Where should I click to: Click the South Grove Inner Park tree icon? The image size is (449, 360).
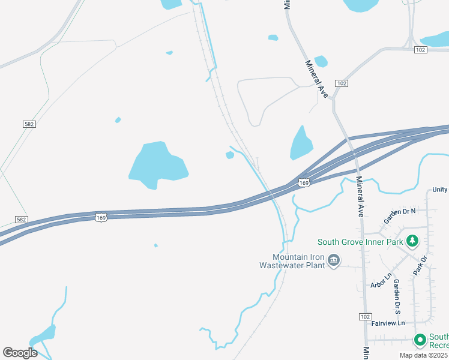412,242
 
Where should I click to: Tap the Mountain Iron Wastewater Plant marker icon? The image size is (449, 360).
334,260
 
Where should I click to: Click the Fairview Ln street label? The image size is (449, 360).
388,323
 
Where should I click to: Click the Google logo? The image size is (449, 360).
20,352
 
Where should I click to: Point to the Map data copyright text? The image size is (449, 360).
424,355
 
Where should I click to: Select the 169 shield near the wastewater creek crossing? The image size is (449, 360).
304,182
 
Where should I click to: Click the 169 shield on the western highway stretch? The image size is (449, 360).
102,217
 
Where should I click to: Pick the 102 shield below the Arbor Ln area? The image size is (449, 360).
366,316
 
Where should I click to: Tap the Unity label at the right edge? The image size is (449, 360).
439,190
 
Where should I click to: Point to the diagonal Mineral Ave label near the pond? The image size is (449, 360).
316,79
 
